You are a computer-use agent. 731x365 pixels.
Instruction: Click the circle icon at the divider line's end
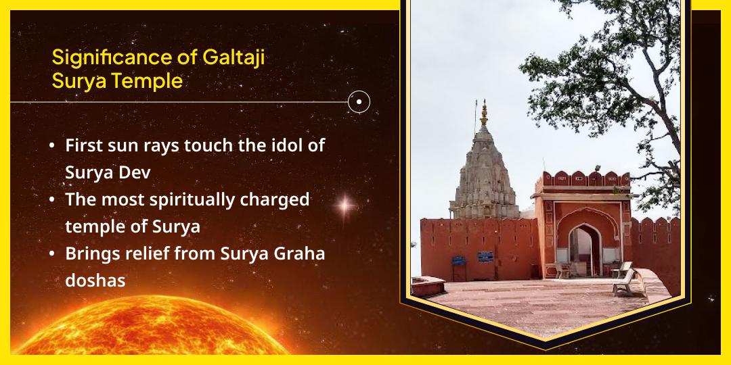click(359, 102)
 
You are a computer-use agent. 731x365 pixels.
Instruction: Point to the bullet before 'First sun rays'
click(52, 145)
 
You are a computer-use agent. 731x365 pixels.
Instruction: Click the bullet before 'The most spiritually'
click(52, 201)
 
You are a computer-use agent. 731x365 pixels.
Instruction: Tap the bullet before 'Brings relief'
click(52, 255)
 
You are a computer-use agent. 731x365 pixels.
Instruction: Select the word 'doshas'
click(95, 281)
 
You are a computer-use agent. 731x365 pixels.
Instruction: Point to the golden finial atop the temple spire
click(484, 113)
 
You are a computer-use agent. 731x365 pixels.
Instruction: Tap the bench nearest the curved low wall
click(623, 281)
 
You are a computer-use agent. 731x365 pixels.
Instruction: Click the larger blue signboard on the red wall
click(485, 255)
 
